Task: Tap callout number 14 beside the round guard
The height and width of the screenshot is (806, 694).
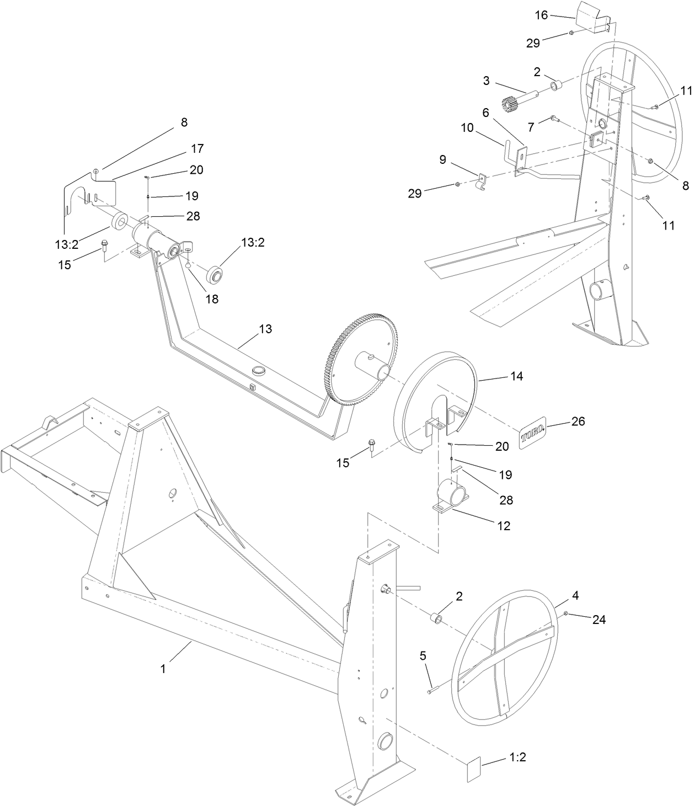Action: point(516,376)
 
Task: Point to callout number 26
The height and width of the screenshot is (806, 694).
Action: point(578,421)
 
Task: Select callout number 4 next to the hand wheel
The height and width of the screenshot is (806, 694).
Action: point(575,595)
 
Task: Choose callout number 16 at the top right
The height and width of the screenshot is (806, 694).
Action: point(541,15)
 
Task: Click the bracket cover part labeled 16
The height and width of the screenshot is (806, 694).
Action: point(592,19)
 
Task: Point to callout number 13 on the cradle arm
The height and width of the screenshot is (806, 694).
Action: point(265,329)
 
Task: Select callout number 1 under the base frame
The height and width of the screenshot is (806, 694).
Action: point(163,669)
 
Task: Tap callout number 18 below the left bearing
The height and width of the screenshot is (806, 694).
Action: point(212,299)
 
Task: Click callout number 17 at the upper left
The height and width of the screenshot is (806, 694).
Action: point(197,148)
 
